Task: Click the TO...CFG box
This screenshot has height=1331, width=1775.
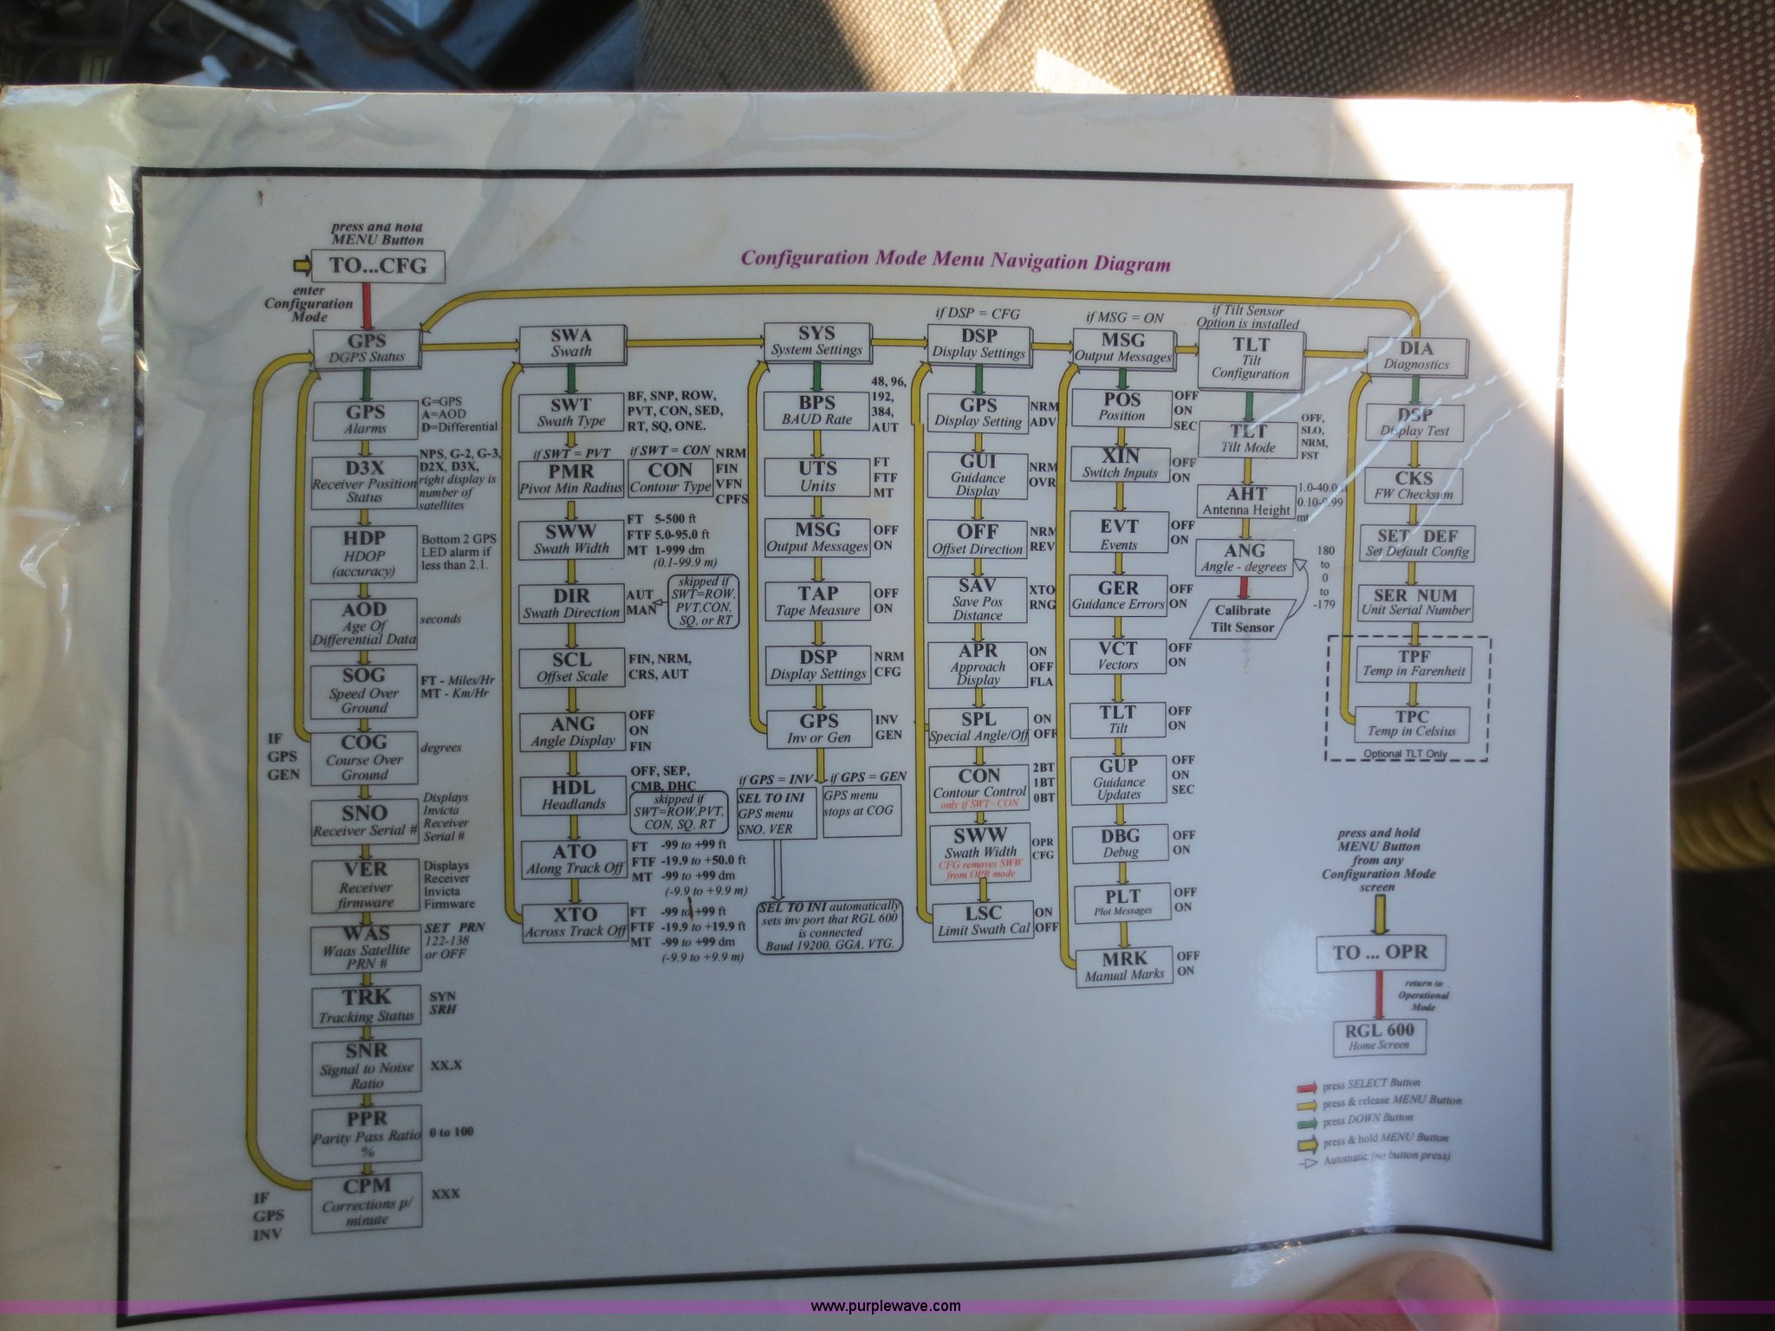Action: (379, 266)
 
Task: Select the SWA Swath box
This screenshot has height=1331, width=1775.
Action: (571, 344)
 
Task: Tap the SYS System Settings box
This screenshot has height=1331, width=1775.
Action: (816, 341)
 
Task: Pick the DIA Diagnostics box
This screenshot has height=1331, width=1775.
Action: (1416, 355)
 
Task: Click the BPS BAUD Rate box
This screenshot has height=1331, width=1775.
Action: (816, 411)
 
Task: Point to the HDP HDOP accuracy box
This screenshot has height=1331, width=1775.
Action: (364, 554)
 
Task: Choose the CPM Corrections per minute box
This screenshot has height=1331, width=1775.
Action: (367, 1201)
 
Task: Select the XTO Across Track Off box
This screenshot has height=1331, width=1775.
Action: (575, 922)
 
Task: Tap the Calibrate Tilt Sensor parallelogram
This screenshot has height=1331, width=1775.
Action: (1243, 619)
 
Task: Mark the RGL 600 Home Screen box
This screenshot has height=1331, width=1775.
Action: (1379, 1036)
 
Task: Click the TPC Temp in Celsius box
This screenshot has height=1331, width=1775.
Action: (1412, 724)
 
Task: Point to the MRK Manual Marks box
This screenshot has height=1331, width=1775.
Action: (1123, 966)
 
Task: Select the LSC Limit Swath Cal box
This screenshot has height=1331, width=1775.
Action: (983, 920)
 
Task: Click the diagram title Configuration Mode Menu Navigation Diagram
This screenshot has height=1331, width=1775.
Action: (955, 260)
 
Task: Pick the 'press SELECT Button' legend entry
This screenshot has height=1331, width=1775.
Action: (1370, 1084)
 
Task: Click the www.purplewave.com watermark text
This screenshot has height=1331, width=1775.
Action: (885, 1306)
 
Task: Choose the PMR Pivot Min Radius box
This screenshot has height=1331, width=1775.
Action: (571, 478)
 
